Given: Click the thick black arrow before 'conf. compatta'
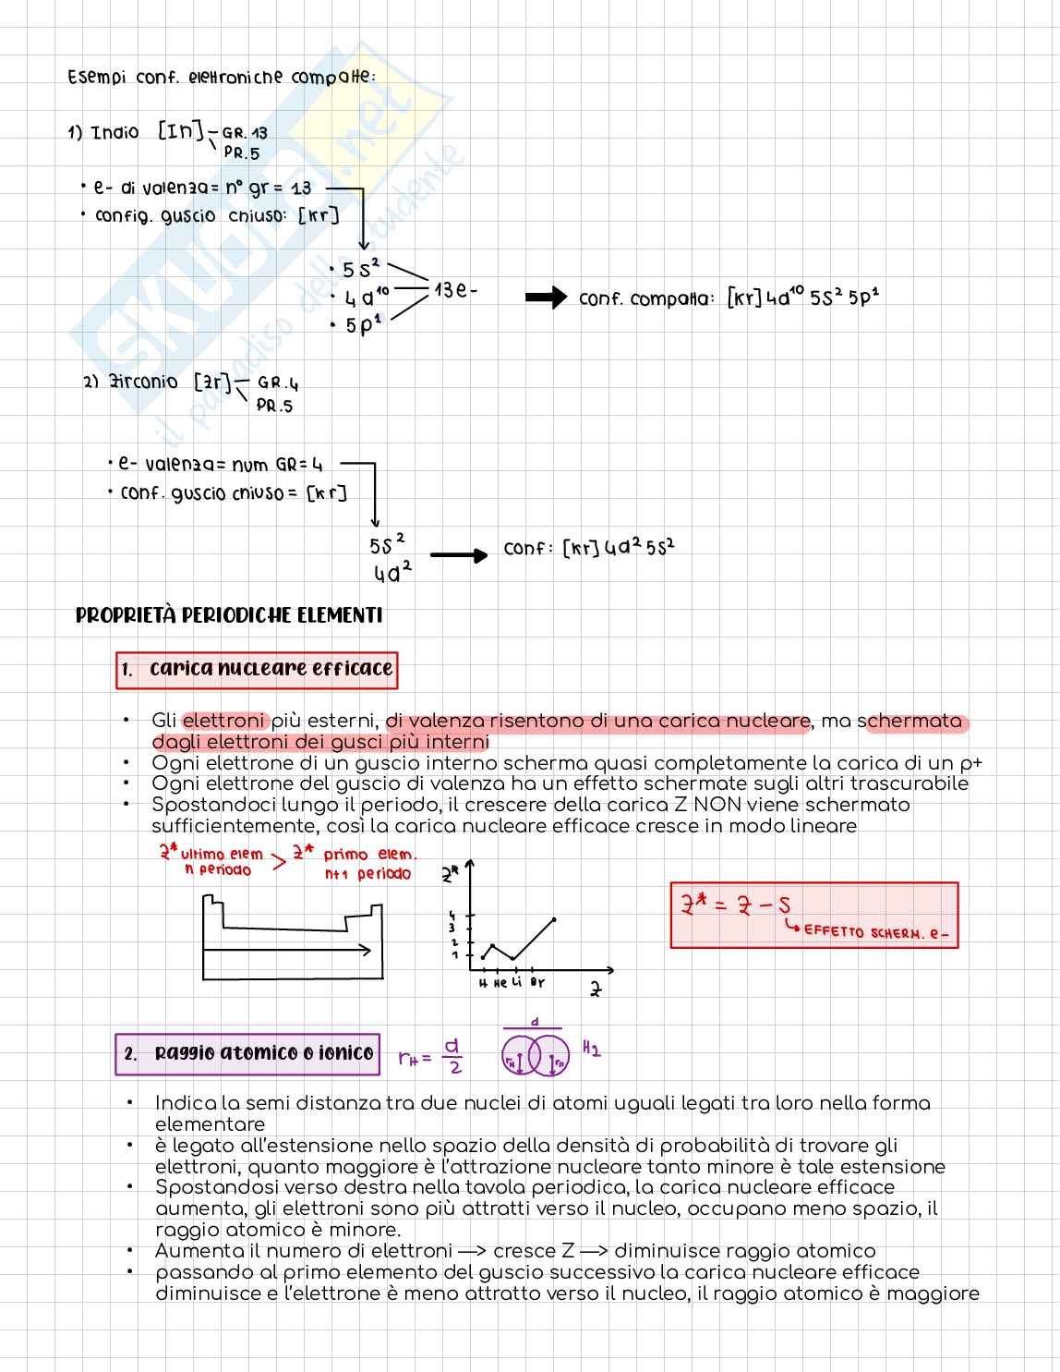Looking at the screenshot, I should point(545,297).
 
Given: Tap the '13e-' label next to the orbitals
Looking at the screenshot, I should point(456,290).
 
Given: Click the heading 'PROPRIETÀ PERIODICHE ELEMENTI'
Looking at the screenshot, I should point(229,615).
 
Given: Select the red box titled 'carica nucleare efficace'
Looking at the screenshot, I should point(257,669).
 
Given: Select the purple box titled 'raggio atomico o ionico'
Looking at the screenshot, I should point(247,1053).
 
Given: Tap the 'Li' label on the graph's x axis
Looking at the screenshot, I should point(516,982).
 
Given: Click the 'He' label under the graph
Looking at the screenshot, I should point(500,983).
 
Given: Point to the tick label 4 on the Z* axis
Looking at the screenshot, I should point(452,916).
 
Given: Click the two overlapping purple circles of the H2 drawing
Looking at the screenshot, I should point(536,1054).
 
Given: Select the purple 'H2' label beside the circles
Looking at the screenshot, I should point(592,1049).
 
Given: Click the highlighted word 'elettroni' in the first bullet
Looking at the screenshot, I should point(224,721).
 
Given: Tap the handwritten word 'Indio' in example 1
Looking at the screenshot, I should point(115,133).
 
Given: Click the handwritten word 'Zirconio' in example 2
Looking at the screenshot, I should point(143,382).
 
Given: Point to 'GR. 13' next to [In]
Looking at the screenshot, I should point(245,134).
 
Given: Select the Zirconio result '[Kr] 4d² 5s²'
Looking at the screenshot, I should point(619,548).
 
